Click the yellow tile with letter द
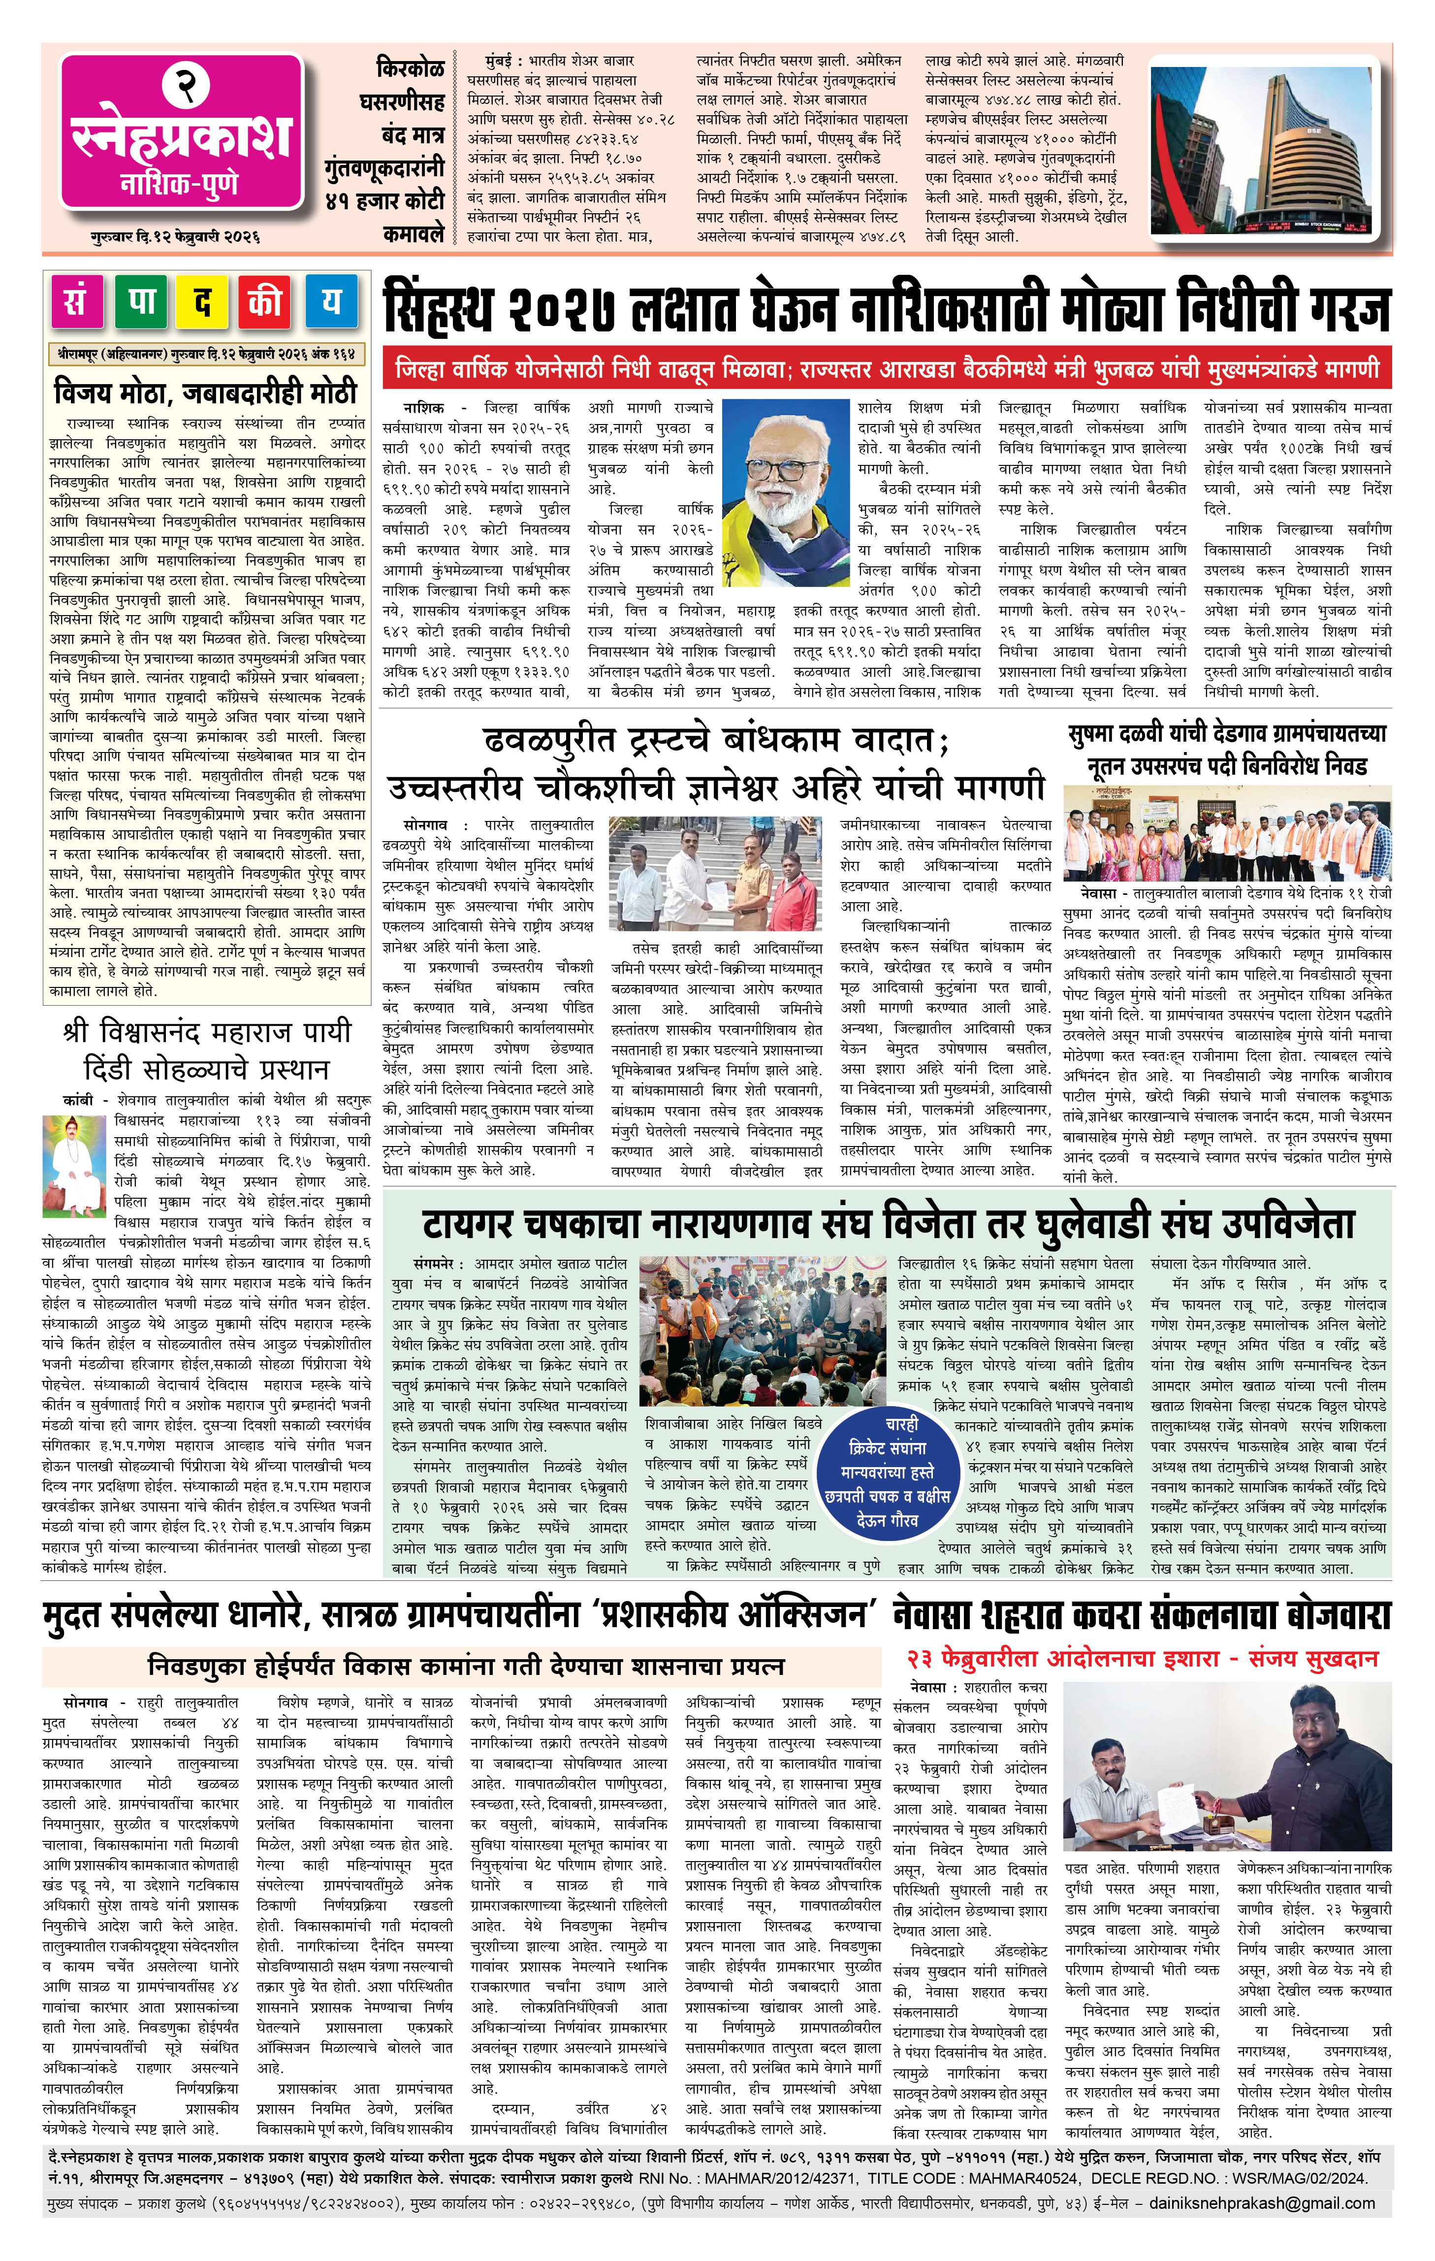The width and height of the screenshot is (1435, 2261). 203,302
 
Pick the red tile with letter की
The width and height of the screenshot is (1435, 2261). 266,302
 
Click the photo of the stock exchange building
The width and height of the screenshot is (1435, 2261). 1262,147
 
